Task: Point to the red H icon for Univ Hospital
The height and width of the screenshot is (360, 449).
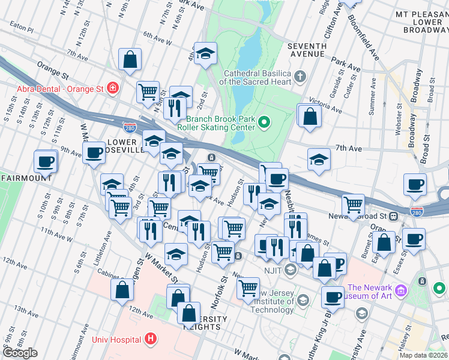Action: [x=150, y=340]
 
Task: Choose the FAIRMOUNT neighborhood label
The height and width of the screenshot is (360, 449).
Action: [x=25, y=178]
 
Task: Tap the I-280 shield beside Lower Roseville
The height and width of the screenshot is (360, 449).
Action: [x=139, y=127]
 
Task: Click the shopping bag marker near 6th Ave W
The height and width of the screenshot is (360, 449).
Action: [x=130, y=59]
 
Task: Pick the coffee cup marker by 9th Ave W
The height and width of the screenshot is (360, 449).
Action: [x=94, y=153]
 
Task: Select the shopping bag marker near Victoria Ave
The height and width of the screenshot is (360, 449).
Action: [x=310, y=115]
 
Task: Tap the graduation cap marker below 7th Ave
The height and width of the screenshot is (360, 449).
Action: [x=319, y=160]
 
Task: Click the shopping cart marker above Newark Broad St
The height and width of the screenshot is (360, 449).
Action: [x=354, y=205]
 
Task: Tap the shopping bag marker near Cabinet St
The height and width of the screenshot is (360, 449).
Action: [x=122, y=289]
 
